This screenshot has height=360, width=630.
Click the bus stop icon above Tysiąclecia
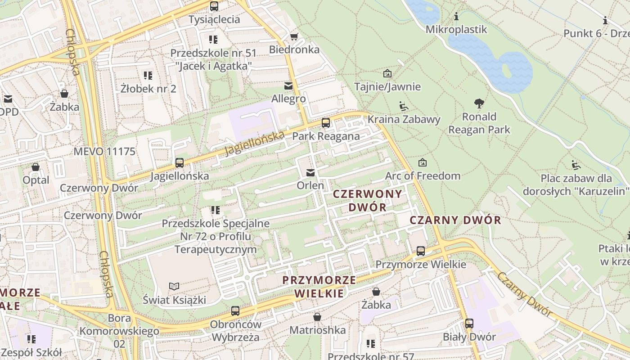click(x=214, y=6)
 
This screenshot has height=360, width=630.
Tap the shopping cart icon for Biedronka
click(x=294, y=36)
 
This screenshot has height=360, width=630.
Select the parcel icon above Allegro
click(x=288, y=85)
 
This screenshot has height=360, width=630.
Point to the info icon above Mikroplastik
click(x=456, y=17)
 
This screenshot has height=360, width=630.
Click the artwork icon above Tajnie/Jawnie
click(x=387, y=73)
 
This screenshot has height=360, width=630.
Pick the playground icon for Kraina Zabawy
click(x=404, y=107)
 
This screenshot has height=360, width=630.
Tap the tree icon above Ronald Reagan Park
click(x=479, y=103)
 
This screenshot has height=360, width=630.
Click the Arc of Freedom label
click(x=423, y=175)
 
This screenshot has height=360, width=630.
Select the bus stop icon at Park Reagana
click(x=326, y=123)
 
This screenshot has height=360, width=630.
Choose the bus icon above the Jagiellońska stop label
click(x=180, y=163)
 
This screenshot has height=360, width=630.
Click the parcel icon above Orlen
click(x=310, y=173)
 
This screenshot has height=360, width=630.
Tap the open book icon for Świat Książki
click(x=174, y=286)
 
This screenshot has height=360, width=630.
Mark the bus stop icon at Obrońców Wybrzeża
click(x=235, y=310)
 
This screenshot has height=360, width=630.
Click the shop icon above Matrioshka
click(x=317, y=317)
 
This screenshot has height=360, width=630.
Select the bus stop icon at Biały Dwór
click(x=469, y=324)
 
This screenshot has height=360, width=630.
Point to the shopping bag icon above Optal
click(x=36, y=167)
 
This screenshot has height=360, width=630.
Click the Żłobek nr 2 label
click(x=148, y=89)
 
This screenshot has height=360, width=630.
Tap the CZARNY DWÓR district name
click(x=455, y=220)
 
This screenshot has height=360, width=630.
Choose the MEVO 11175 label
click(x=104, y=151)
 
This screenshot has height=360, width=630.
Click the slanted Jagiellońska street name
click(x=255, y=143)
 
